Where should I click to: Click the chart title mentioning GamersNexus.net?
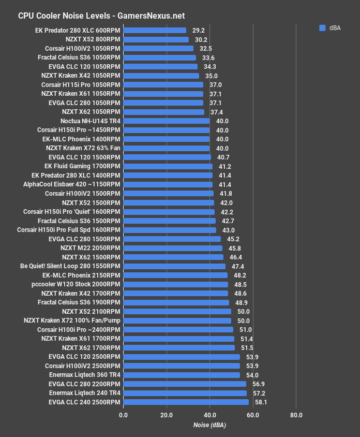click(101, 16)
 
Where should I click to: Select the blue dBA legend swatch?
click(322, 28)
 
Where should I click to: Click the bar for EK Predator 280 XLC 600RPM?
click(155, 31)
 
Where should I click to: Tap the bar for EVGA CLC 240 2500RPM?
click(186, 402)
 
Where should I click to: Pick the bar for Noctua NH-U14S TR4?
click(166, 121)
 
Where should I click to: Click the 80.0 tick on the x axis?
click(296, 415)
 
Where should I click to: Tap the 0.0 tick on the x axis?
click(123, 415)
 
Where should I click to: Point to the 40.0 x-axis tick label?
click(209, 415)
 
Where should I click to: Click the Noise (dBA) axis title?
click(209, 425)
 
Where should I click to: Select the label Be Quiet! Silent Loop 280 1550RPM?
click(70, 266)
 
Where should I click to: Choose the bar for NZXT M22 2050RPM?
click(172, 248)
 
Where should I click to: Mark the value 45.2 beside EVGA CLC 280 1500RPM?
click(233, 239)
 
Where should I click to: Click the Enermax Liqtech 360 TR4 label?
click(78, 374)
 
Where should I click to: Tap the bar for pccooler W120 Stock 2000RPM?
click(175, 284)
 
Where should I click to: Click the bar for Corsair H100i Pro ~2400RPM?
click(178, 329)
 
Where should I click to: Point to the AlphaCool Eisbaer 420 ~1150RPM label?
click(71, 184)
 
